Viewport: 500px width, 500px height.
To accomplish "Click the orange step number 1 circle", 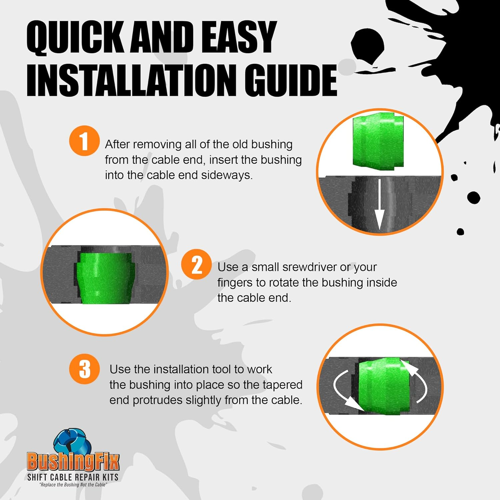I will pos(84,141).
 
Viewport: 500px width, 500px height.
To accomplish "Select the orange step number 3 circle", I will pos(84,369).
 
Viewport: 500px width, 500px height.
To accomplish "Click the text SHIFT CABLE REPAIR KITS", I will pos(73,477).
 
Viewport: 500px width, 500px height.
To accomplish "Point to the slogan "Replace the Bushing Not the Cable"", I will pos(73,485).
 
